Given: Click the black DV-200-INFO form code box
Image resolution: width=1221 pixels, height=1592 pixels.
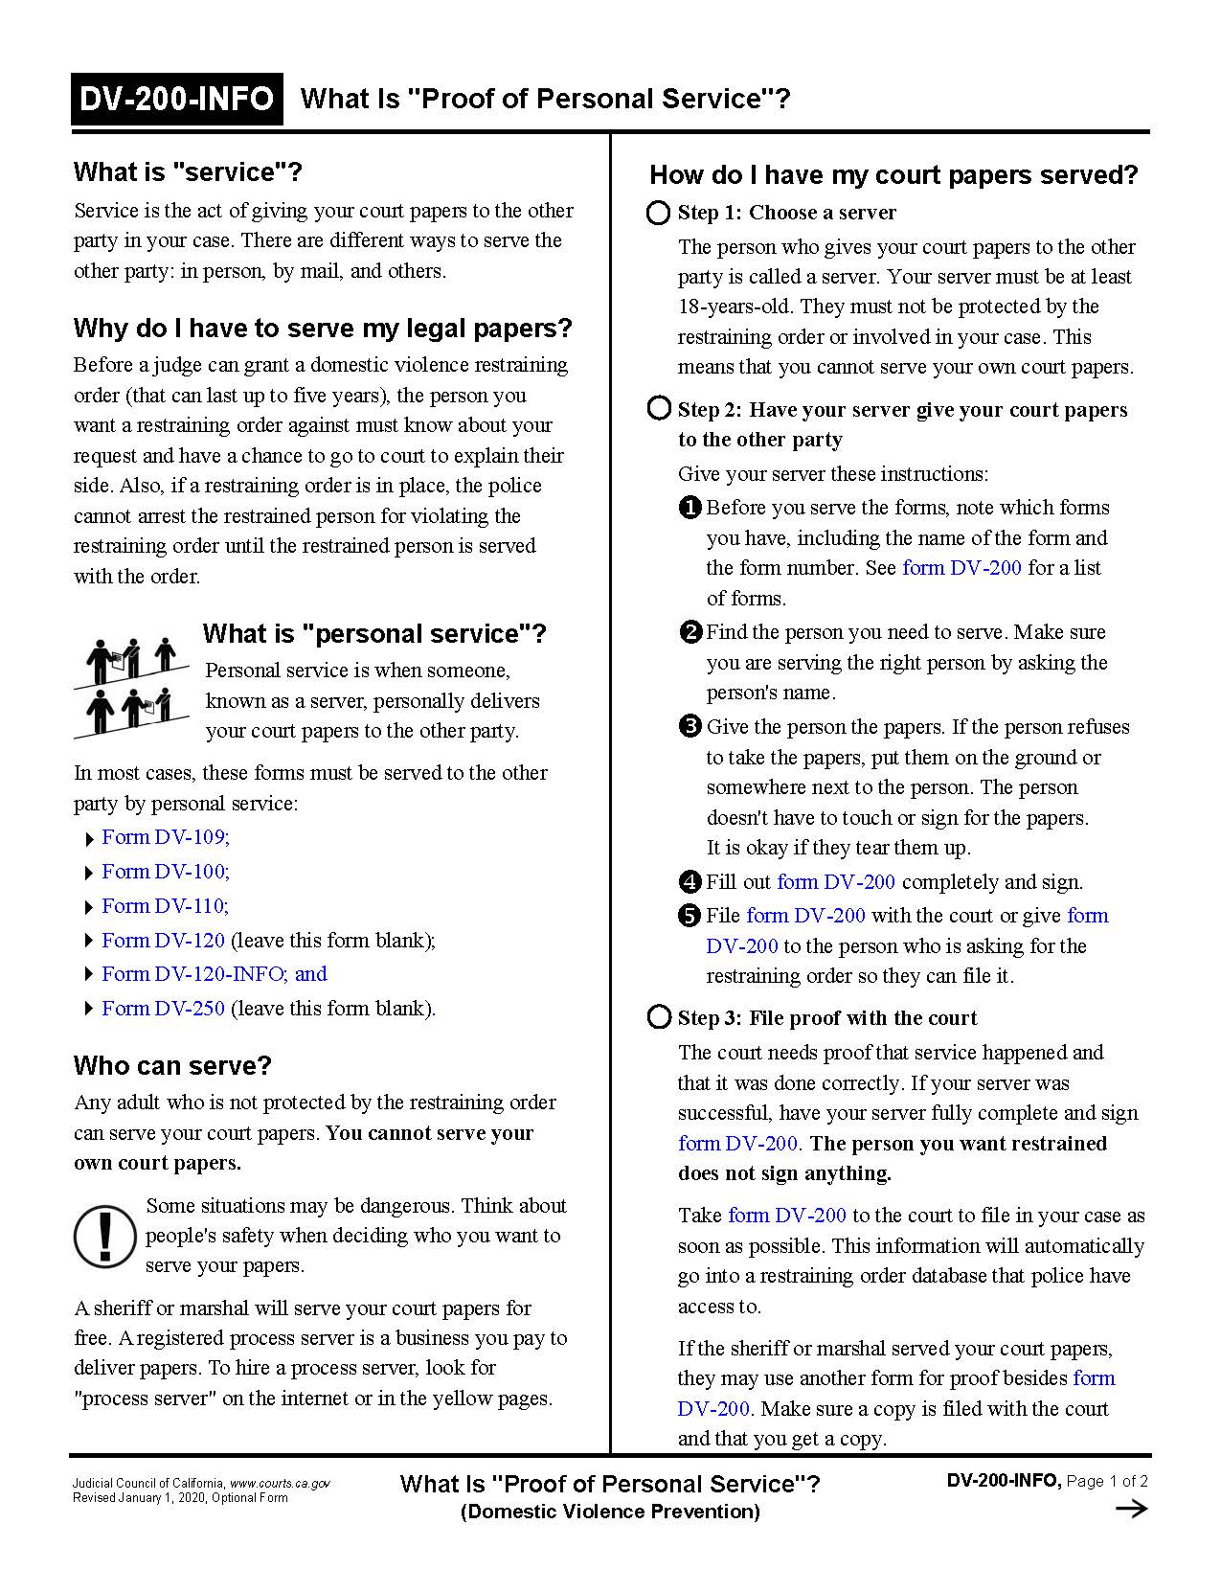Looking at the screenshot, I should (x=177, y=99).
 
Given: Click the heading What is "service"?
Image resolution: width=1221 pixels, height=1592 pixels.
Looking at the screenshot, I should (x=188, y=172).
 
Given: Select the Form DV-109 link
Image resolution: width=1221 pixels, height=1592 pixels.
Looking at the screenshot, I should (x=165, y=837).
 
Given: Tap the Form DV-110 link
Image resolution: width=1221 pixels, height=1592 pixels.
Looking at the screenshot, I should (x=165, y=906).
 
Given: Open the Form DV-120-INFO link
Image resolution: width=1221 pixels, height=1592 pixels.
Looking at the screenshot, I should (x=214, y=974).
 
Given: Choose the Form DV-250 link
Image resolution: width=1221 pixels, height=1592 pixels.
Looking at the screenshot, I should (x=163, y=1009).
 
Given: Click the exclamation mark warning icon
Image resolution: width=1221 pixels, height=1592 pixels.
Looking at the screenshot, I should (x=105, y=1235).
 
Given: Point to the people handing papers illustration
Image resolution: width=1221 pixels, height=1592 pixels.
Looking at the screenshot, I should (x=130, y=687).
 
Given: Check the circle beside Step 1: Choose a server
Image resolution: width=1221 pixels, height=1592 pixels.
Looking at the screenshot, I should (x=659, y=213).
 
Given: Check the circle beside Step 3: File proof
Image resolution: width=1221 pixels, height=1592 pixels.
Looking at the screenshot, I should (x=659, y=1017).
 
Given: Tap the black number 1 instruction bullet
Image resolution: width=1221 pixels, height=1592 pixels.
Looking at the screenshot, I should (x=690, y=508).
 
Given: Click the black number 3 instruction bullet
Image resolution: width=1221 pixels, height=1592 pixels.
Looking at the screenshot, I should (x=690, y=727).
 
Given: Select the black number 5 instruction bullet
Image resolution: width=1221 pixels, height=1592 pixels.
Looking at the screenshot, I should (x=690, y=916).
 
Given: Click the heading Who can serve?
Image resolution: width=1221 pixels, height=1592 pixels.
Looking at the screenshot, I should (x=172, y=1066).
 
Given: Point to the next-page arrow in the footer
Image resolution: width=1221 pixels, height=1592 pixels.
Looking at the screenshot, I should (x=1132, y=1510).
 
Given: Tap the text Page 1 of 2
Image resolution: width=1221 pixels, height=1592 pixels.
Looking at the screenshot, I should (x=1107, y=1481).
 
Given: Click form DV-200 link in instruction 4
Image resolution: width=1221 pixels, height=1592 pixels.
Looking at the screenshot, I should (x=836, y=882).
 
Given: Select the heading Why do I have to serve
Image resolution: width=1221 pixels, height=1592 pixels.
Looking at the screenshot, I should (x=323, y=329).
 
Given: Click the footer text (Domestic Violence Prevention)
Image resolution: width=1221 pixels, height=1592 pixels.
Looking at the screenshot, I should (x=610, y=1512).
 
